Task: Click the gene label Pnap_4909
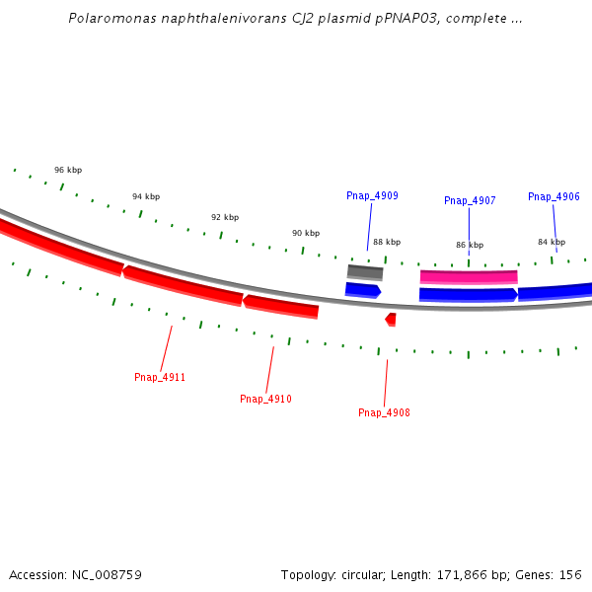pos(372,196)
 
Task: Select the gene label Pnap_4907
pos(470,201)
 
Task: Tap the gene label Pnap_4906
pos(554,197)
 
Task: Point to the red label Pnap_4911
pos(160,378)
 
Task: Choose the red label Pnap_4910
pos(265,400)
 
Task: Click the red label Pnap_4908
pos(384,413)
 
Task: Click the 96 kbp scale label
pos(68,171)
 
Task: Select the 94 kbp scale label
pos(146,197)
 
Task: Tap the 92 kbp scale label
pos(225,218)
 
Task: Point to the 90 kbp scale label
pos(306,234)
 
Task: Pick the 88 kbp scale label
pos(387,243)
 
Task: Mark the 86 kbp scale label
pos(470,246)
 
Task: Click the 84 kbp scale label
pos(552,243)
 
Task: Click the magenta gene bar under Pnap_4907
pos(469,277)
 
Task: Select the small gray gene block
pos(365,272)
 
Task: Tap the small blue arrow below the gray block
pos(362,290)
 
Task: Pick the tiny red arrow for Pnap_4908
pos(391,319)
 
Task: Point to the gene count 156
pos(570,574)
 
